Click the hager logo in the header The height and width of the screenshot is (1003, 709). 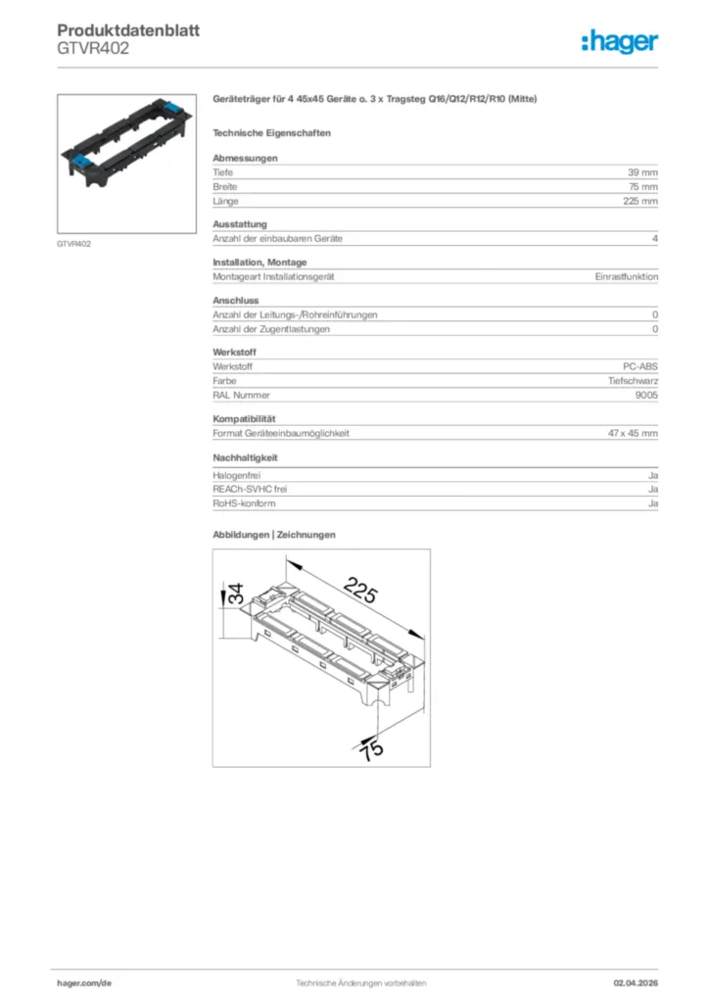coord(619,41)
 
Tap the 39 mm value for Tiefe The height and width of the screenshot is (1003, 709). coord(642,171)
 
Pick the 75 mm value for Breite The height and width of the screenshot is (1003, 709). coord(642,186)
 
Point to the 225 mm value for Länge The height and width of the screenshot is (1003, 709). coord(640,201)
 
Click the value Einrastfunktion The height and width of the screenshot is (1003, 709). coord(626,277)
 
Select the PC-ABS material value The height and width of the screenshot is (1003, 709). coord(640,365)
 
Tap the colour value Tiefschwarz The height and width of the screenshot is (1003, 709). coord(633,380)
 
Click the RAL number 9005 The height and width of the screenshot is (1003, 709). coord(646,395)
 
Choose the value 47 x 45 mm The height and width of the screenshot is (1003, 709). coord(633,433)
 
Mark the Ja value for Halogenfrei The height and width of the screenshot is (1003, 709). coord(652,474)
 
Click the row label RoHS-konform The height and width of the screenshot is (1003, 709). coord(244,503)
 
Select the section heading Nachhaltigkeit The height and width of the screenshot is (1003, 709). coord(245,457)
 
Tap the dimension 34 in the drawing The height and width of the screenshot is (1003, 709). coord(236,594)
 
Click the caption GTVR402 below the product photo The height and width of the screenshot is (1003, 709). coord(74,244)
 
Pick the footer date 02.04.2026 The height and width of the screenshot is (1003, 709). coord(636,982)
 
